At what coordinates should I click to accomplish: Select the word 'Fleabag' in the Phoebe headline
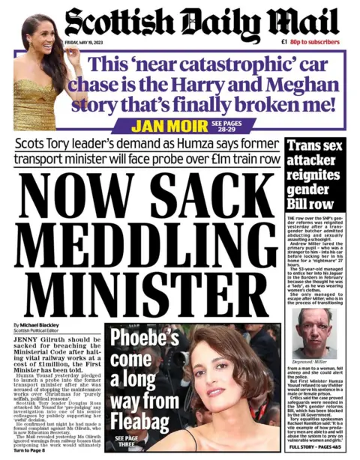tap(135, 421)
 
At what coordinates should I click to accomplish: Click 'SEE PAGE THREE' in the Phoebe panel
tap(124, 442)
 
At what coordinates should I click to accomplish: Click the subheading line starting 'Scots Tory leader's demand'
tap(147, 145)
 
